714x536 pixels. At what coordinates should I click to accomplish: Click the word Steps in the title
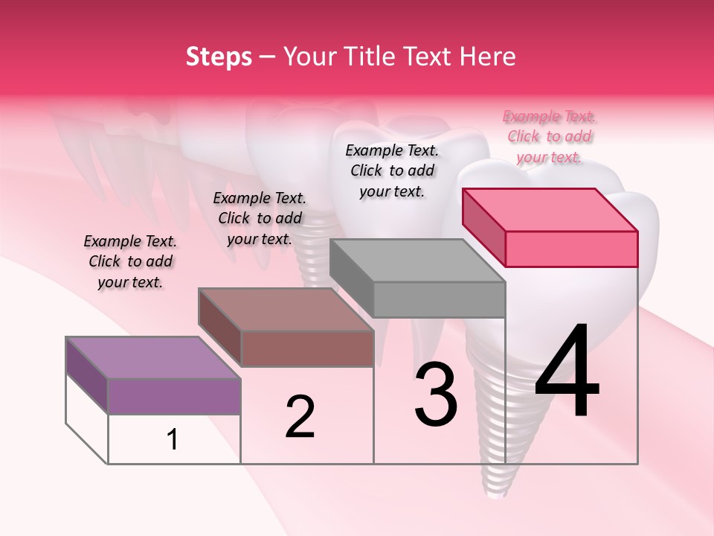pyautogui.click(x=219, y=57)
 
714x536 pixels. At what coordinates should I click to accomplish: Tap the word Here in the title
pyautogui.click(x=486, y=57)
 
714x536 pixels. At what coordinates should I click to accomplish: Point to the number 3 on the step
pyautogui.click(x=436, y=395)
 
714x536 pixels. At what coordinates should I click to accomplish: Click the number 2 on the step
pyautogui.click(x=300, y=417)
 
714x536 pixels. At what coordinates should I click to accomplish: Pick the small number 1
pyautogui.click(x=173, y=440)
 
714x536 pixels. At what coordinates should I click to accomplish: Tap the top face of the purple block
pyautogui.click(x=152, y=357)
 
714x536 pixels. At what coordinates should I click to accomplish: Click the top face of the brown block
pyautogui.click(x=286, y=310)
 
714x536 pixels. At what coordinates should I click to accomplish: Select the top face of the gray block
pyautogui.click(x=417, y=261)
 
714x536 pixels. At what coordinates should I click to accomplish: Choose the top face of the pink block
pyautogui.click(x=550, y=209)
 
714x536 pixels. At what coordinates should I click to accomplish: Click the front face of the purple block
pyautogui.click(x=174, y=395)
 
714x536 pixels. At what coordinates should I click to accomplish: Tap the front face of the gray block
pyautogui.click(x=439, y=299)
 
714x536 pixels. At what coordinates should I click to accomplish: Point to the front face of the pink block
pyautogui.click(x=571, y=249)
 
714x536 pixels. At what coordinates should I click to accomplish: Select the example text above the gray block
pyautogui.click(x=392, y=170)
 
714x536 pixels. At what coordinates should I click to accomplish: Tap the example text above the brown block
pyautogui.click(x=260, y=218)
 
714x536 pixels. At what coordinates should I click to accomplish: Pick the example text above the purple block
pyautogui.click(x=130, y=261)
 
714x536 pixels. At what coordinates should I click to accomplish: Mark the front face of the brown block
pyautogui.click(x=306, y=348)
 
